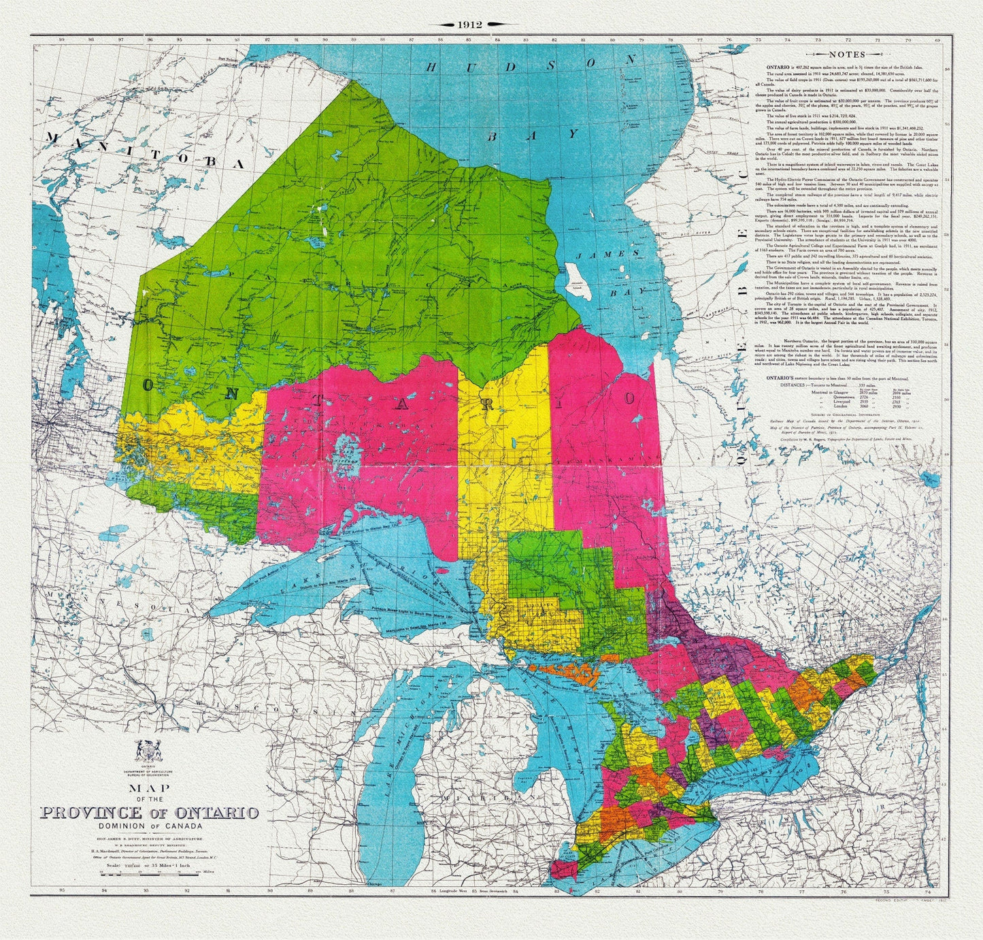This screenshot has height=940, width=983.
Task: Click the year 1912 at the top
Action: click(x=469, y=24)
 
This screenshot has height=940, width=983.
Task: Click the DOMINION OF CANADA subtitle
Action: click(x=149, y=826)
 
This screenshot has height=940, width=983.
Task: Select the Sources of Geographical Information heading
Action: click(x=846, y=415)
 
